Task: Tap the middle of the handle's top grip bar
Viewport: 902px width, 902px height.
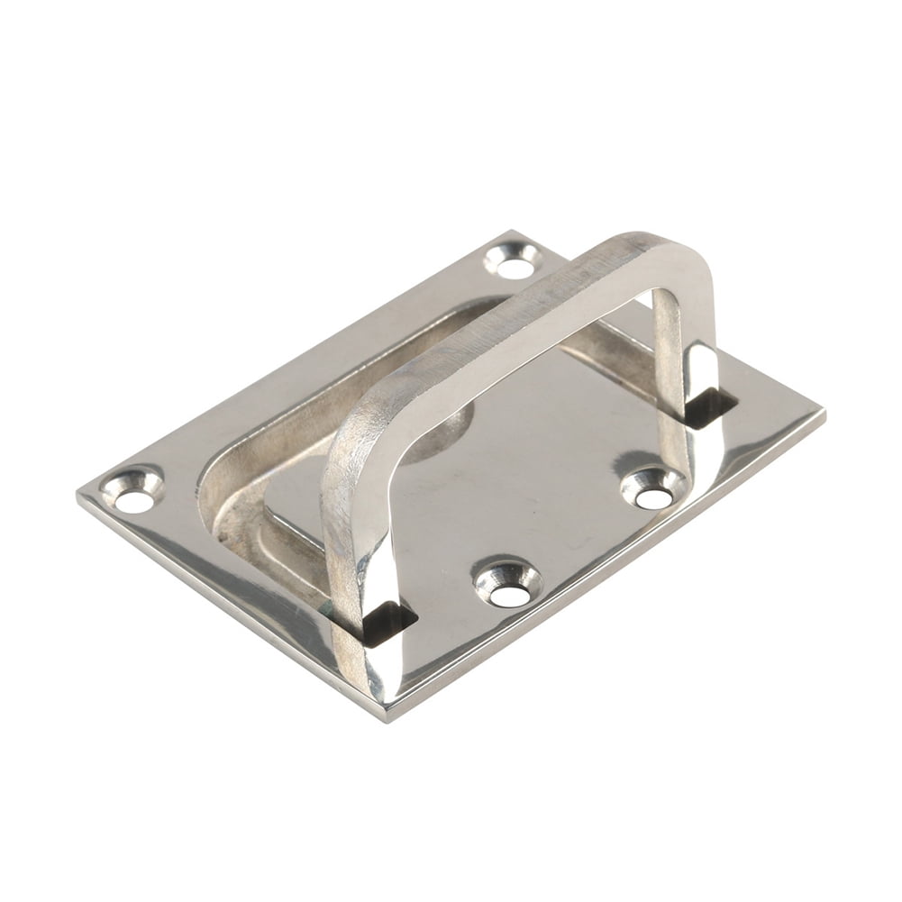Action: (505, 324)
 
